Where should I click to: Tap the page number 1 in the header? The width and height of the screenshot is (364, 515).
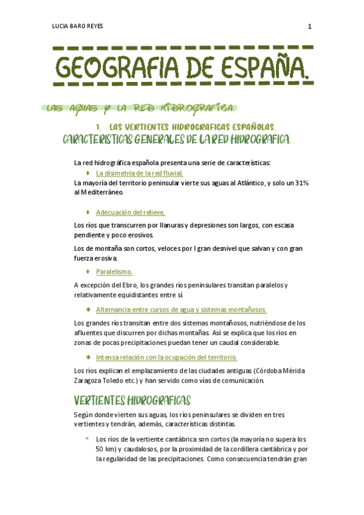(309, 26)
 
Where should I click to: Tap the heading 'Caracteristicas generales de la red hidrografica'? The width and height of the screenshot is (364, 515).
(177, 140)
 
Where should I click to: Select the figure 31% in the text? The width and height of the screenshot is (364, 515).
(301, 183)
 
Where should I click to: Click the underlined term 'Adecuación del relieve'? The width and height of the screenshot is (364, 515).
(130, 212)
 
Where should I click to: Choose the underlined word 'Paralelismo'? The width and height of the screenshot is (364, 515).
(114, 271)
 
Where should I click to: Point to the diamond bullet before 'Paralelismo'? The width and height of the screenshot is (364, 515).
(88, 271)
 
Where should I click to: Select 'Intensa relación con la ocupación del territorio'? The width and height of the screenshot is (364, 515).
(166, 357)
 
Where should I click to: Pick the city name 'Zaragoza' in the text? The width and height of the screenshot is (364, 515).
(88, 380)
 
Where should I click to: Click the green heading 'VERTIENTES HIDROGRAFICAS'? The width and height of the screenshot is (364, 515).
(132, 400)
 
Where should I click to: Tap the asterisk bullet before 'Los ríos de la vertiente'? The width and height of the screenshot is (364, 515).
(88, 438)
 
